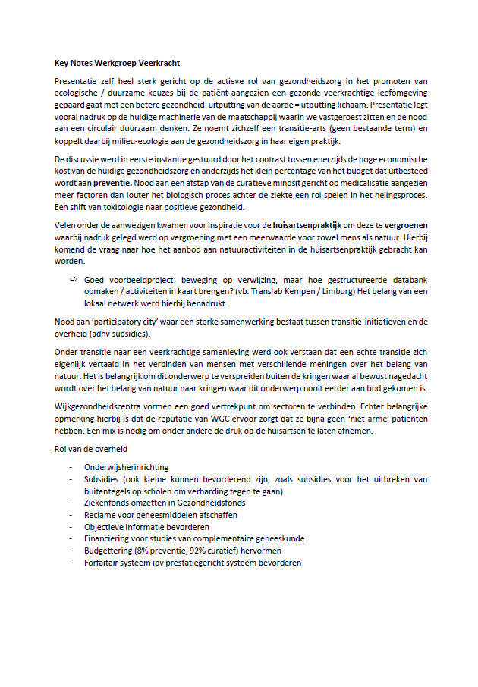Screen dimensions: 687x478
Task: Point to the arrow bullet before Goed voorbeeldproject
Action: pyautogui.click(x=74, y=279)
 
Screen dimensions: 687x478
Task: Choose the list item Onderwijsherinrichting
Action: pyautogui.click(x=126, y=468)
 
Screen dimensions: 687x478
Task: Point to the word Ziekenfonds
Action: pyautogui.click(x=111, y=503)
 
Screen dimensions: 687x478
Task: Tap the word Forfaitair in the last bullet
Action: pyautogui.click(x=103, y=563)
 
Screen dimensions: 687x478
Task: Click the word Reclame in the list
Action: pyautogui.click(x=102, y=515)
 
